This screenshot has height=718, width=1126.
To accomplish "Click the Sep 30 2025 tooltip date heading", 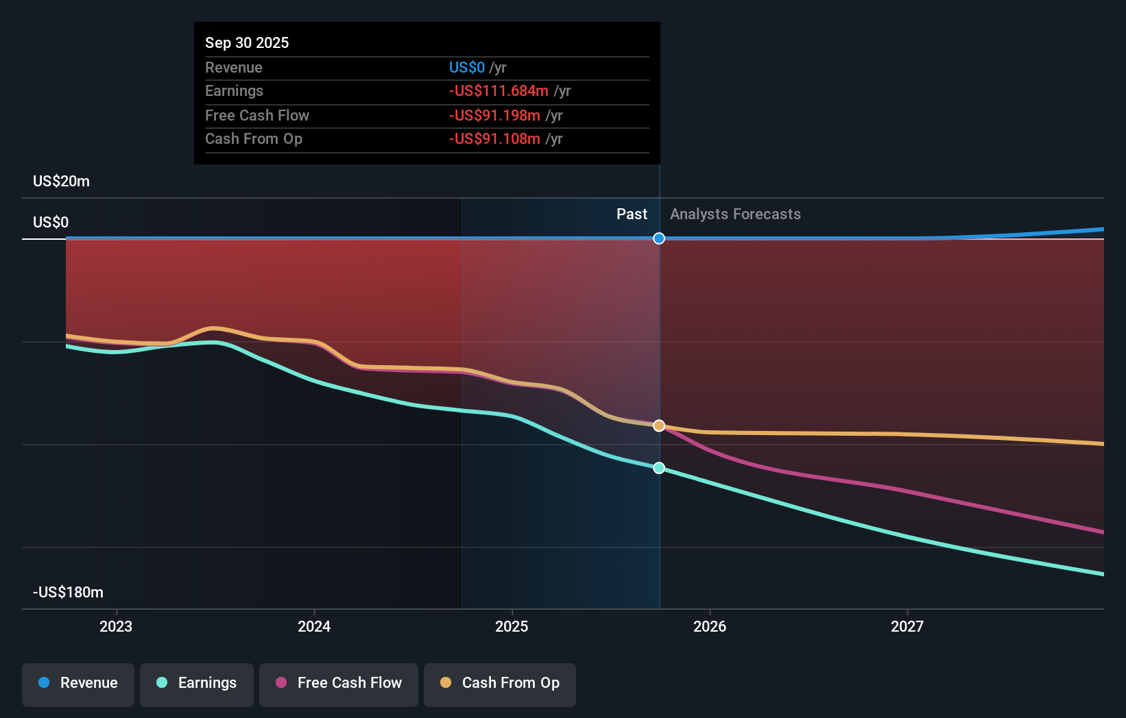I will click(247, 42).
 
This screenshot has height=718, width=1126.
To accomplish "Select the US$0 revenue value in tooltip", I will click(466, 67).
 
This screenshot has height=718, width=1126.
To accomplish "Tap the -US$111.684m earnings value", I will click(499, 90).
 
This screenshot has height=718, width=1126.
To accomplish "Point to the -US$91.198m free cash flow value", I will click(494, 115).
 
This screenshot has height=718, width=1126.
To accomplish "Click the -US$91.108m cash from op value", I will click(494, 138).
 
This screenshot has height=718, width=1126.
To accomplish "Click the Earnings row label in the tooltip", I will click(234, 90).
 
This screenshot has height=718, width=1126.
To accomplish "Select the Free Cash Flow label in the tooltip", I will click(257, 115).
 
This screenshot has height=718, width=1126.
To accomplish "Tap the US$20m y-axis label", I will click(61, 181).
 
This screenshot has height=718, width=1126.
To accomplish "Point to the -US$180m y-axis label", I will click(68, 592).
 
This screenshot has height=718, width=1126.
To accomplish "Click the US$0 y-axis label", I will click(51, 222).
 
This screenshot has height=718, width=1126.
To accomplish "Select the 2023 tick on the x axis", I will click(116, 626).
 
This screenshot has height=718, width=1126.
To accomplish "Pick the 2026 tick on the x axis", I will click(709, 626).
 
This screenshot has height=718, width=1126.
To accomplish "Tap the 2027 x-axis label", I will click(907, 626).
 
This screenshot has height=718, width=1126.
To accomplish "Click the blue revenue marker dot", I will click(659, 238).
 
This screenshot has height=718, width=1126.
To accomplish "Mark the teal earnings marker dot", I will click(659, 468).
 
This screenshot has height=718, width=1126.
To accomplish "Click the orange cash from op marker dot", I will click(659, 425).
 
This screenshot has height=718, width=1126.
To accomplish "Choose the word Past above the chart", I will click(632, 214).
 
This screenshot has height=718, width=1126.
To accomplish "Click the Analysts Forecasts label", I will click(735, 214).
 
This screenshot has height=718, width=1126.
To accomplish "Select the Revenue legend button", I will click(78, 683).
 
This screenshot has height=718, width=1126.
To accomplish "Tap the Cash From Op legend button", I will click(500, 683).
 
